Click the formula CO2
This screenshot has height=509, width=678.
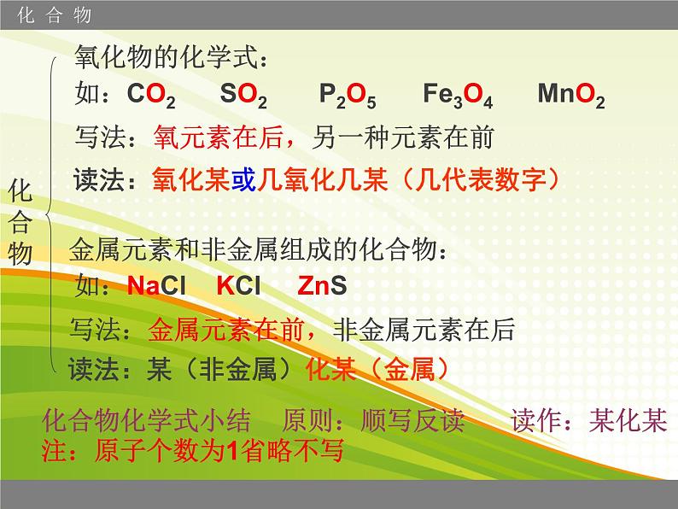[151, 96]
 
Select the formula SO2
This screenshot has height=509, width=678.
[243, 96]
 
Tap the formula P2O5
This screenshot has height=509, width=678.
[347, 96]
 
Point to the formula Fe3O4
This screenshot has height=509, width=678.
[457, 96]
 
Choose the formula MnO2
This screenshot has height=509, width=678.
[570, 96]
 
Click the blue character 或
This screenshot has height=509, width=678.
[244, 178]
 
